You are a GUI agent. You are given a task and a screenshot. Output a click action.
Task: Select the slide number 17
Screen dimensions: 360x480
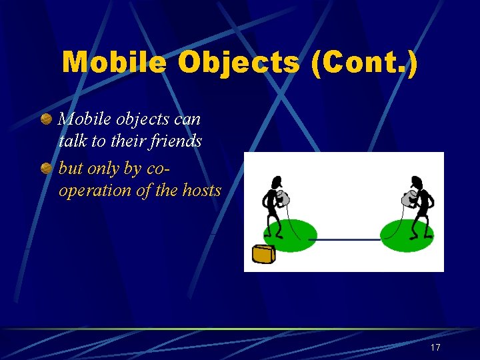pyautogui.click(x=435, y=348)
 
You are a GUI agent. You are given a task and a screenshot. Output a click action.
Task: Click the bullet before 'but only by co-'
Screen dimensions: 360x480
pyautogui.click(x=46, y=169)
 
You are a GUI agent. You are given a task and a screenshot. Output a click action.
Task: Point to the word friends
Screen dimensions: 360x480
pyautogui.click(x=177, y=141)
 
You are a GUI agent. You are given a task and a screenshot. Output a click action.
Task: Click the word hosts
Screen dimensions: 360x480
pyautogui.click(x=201, y=190)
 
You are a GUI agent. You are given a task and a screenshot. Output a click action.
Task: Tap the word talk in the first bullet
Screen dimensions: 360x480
pyautogui.click(x=71, y=141)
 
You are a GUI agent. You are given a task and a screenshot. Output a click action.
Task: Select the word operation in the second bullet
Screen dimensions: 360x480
pyautogui.click(x=92, y=191)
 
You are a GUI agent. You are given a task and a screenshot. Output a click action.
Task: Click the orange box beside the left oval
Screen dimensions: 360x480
pyautogui.click(x=265, y=253)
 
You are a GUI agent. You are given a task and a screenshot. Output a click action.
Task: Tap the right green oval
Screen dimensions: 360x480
pyautogui.click(x=407, y=235)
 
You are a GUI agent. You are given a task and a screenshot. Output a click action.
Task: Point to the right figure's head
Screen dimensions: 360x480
pyautogui.click(x=417, y=181)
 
